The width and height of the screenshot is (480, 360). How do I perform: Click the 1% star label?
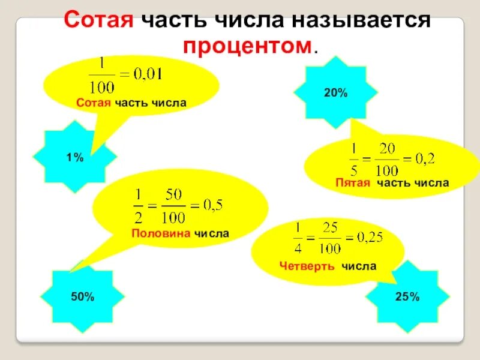pyautogui.click(x=74, y=157)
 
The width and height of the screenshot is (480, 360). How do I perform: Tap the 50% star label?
pyautogui.click(x=82, y=296)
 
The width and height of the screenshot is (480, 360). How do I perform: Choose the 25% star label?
pyautogui.click(x=407, y=296)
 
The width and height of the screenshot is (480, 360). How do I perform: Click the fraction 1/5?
pyautogui.click(x=354, y=158)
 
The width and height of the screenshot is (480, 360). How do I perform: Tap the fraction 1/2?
pyautogui.click(x=139, y=206)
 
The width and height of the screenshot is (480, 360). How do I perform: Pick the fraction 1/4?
pyautogui.click(x=298, y=238)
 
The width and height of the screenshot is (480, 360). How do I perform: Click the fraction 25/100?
pyautogui.click(x=331, y=238)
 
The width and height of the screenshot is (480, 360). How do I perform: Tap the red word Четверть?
pyautogui.click(x=307, y=266)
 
